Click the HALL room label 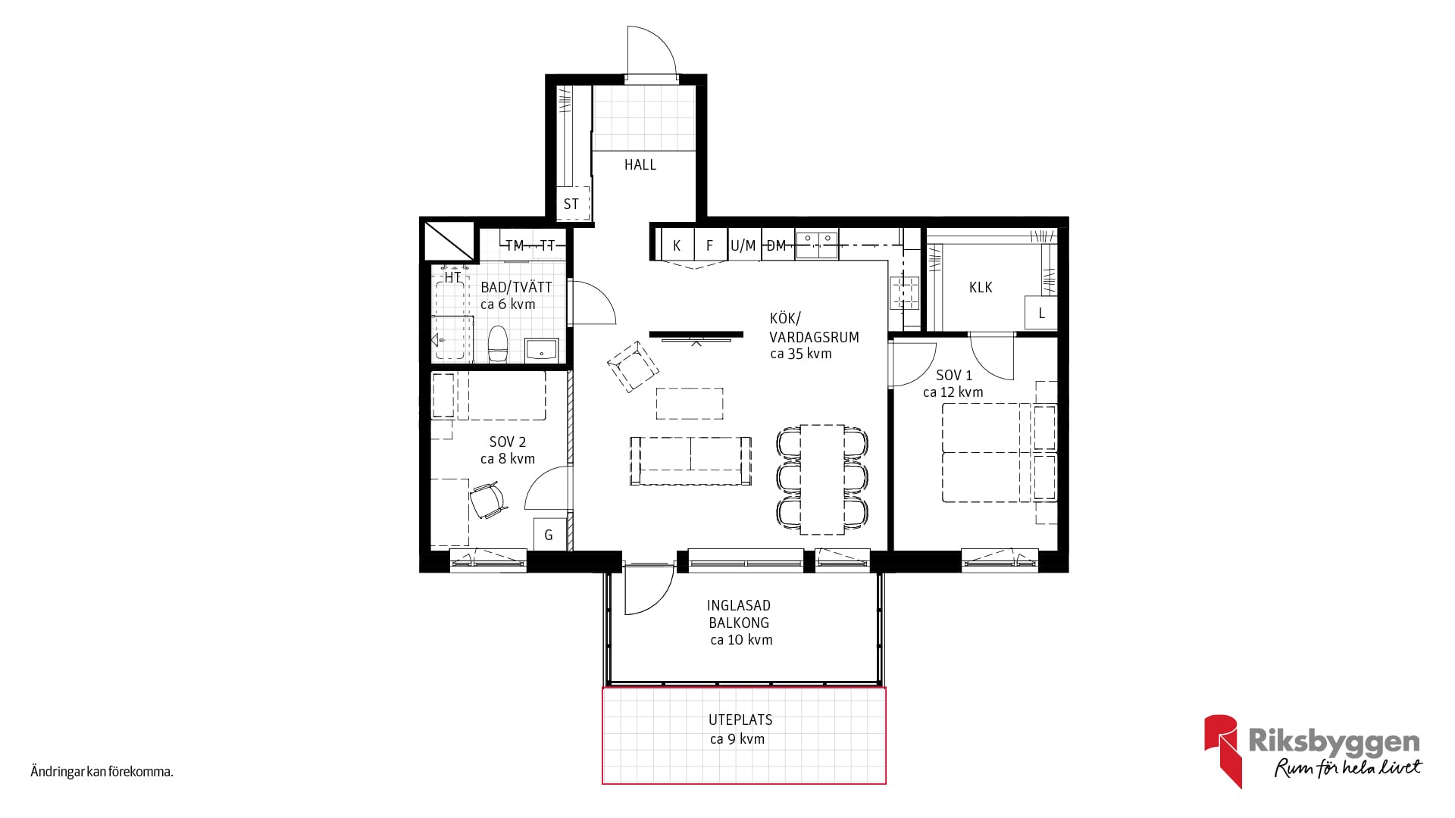coord(640,164)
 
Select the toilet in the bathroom coord(498,345)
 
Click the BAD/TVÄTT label coord(516,287)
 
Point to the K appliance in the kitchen coord(677,245)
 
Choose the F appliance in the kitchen coord(710,245)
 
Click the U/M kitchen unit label coord(743,245)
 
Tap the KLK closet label coord(981,287)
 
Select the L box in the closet coord(1041,313)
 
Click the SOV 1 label coord(954,375)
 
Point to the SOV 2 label coord(508,442)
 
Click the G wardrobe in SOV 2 coord(549,534)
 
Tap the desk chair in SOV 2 coord(487,501)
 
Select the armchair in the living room coord(633,366)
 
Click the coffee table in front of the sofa coord(690,403)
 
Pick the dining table coord(822,478)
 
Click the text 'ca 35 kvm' coord(801,354)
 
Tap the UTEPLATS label coord(740,720)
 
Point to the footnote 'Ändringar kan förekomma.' coord(102,773)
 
